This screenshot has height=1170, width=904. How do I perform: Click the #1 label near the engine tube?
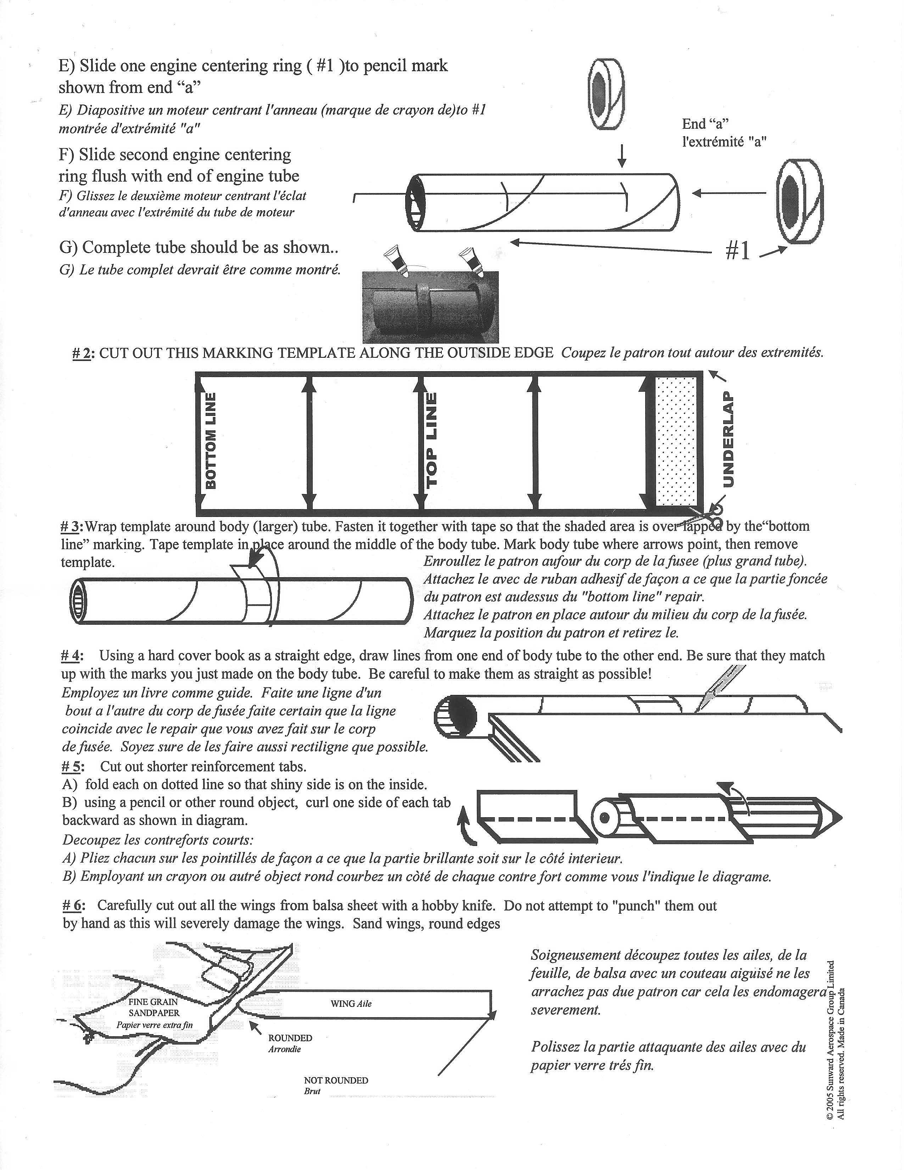(738, 251)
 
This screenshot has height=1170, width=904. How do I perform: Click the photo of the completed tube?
(431, 307)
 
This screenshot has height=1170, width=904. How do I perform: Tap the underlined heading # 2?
(83, 353)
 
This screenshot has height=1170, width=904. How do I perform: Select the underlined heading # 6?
(74, 906)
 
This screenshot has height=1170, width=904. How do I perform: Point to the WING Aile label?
(351, 1003)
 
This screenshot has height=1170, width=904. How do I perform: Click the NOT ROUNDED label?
(336, 1081)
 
